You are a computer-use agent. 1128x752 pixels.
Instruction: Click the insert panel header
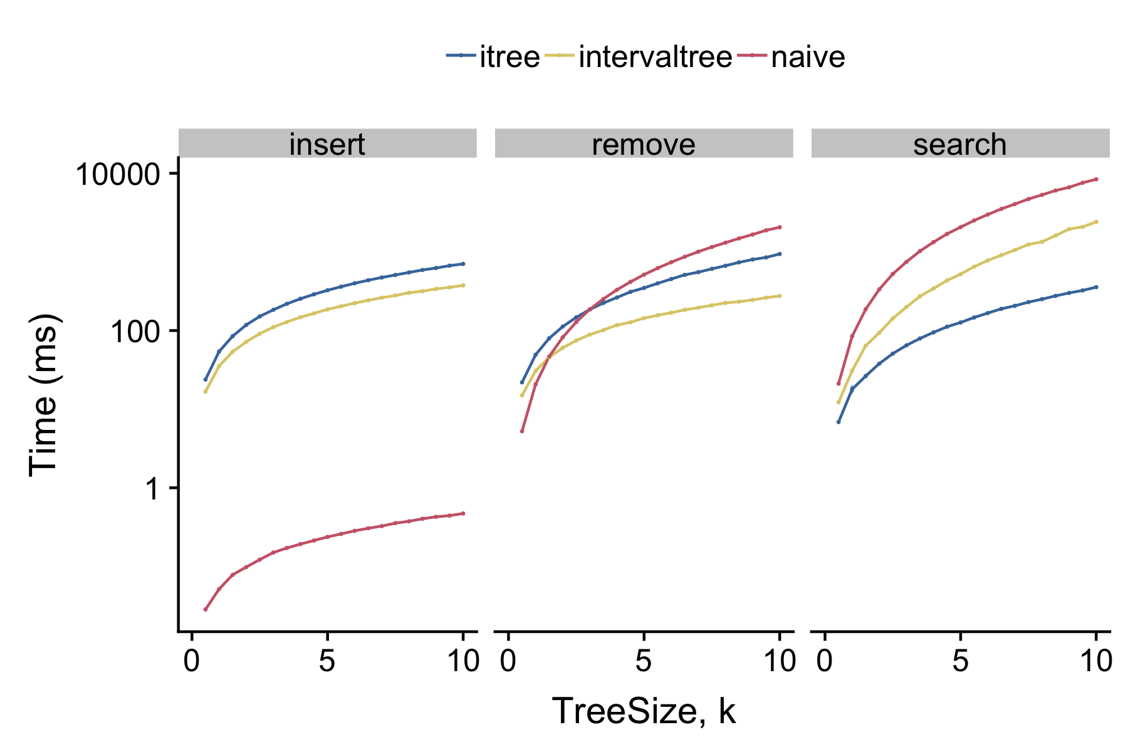(327, 144)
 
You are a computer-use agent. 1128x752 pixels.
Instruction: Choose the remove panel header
(644, 144)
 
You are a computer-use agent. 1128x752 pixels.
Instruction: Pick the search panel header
(960, 144)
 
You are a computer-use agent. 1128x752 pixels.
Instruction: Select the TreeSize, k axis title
(644, 711)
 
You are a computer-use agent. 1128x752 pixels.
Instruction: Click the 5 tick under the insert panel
(327, 662)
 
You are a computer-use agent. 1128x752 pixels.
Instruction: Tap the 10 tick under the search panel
(1095, 662)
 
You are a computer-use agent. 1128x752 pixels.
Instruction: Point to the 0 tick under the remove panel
(508, 662)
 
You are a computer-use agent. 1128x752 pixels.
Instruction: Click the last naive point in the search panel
(1096, 179)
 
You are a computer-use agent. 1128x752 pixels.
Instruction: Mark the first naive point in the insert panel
(206, 609)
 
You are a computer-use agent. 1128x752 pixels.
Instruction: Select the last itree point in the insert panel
(463, 263)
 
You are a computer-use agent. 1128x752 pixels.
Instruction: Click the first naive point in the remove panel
(522, 431)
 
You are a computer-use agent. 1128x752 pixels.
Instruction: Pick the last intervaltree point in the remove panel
(780, 296)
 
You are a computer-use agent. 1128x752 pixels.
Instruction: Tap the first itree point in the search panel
(838, 422)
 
